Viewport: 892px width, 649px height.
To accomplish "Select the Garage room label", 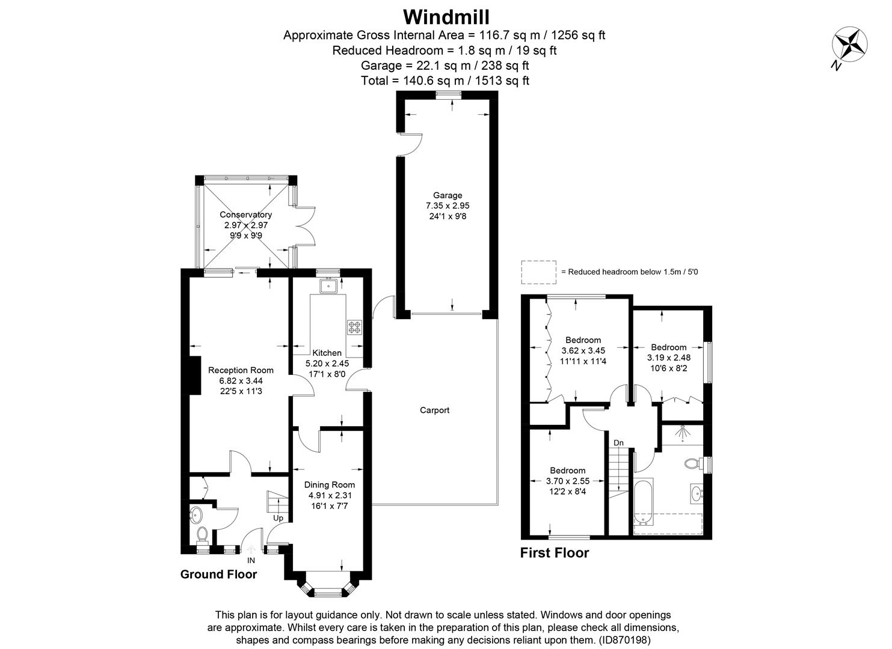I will coord(448,195).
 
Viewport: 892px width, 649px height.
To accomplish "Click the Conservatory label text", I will coord(245,215).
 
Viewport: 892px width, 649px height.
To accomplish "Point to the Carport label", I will coord(434,410).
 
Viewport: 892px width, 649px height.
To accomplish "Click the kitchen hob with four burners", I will coord(354,327).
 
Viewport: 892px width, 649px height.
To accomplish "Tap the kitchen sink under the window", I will coord(328,285).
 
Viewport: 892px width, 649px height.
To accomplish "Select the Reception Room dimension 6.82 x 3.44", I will coord(241,380).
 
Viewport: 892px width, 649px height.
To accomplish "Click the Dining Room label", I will coord(329,485).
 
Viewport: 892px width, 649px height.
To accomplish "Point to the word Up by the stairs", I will coord(278,517).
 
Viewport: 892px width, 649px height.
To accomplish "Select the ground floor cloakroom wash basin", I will coord(196,514).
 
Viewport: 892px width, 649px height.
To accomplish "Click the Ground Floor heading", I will coord(218,574).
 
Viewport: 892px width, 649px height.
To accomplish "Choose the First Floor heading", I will coord(554,553).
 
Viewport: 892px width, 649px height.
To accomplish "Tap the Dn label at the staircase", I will coord(618,443).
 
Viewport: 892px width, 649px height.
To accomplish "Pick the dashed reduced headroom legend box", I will coord(538,272).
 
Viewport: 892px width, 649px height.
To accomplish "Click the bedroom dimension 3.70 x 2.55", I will coord(567,481).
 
